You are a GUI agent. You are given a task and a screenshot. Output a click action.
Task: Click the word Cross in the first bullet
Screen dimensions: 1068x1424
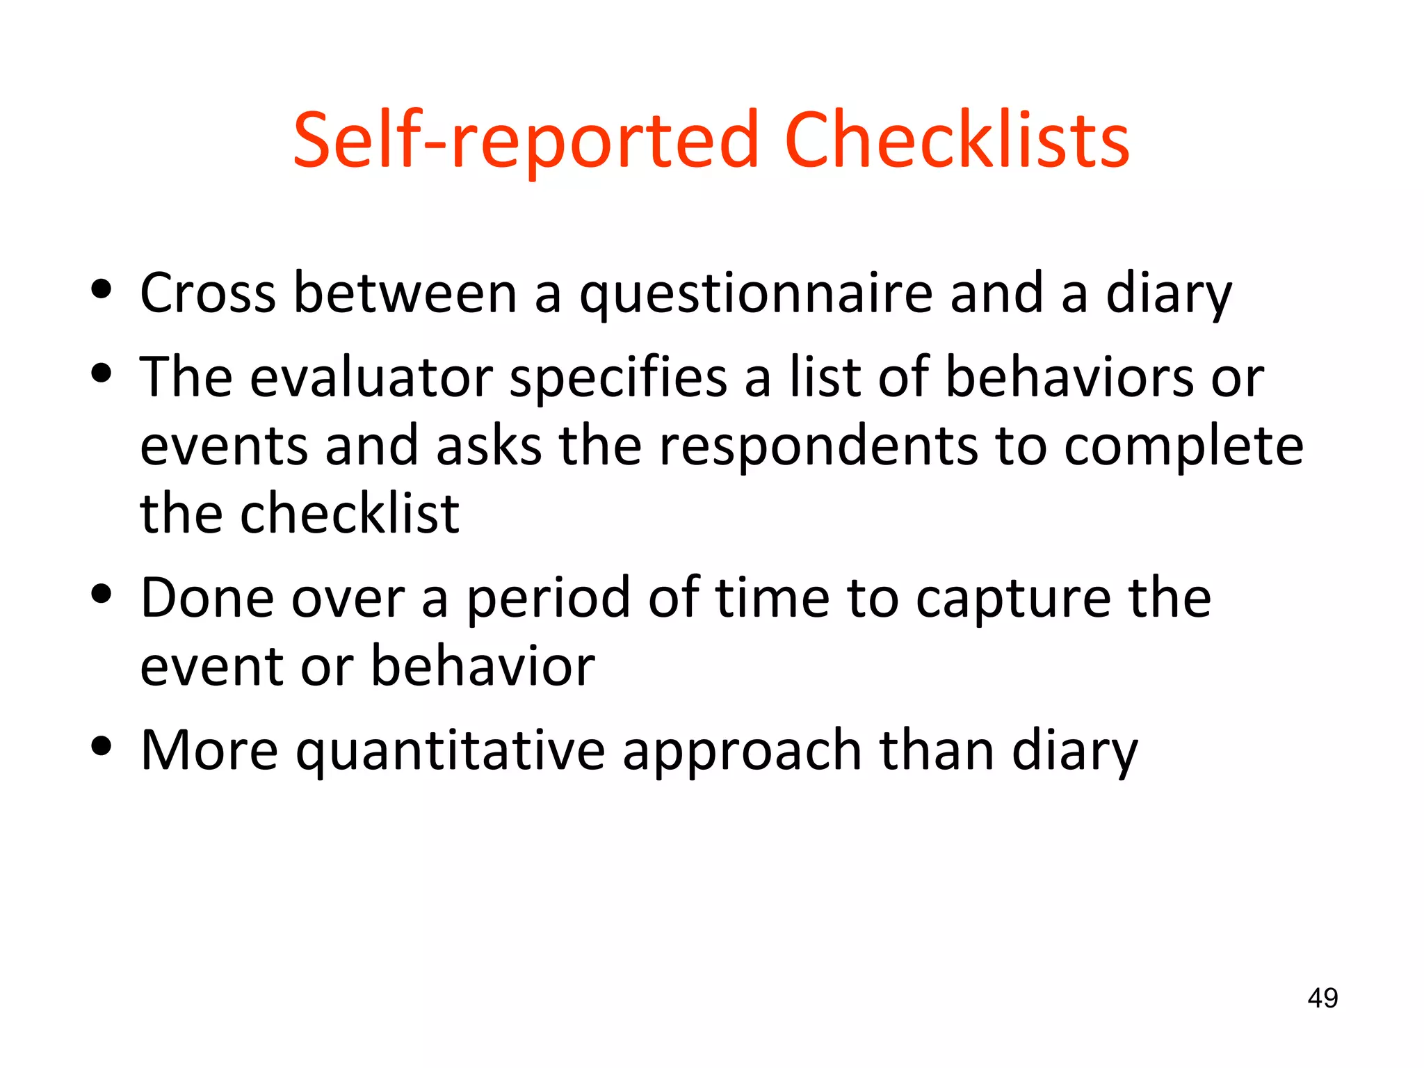207,293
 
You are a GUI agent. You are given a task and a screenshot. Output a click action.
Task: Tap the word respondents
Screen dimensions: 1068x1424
818,447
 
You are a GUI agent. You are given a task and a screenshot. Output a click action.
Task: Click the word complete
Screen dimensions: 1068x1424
1183,447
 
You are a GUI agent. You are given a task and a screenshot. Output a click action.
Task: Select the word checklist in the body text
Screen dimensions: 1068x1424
349,514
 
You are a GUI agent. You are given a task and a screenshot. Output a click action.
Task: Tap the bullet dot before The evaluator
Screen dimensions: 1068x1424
102,373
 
